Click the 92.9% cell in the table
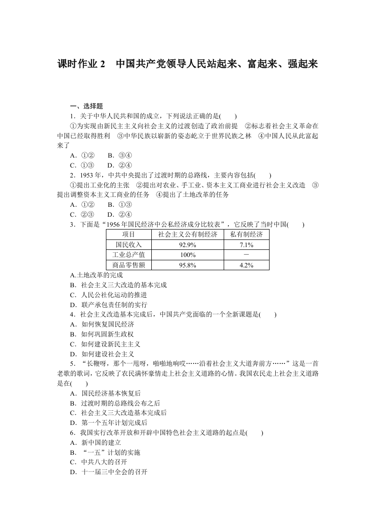(187, 245)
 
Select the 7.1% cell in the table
(246, 245)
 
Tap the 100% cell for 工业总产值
(187, 255)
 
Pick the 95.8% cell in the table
(187, 265)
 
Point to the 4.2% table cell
(246, 265)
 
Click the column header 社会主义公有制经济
(187, 235)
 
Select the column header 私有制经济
(246, 235)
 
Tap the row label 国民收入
(129, 245)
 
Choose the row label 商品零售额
(129, 265)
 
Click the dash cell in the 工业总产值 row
(246, 255)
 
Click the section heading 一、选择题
(87, 106)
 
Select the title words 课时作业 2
(82, 64)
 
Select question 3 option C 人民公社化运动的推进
(111, 295)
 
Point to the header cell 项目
(129, 235)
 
